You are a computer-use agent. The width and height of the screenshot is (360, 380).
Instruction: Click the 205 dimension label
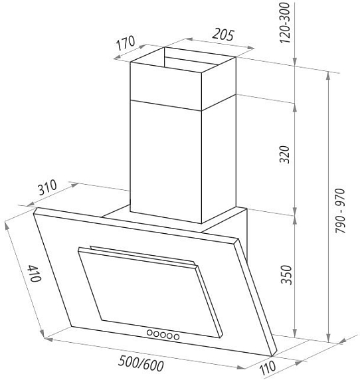point(223,35)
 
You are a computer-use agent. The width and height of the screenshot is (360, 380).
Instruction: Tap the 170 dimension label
point(126,43)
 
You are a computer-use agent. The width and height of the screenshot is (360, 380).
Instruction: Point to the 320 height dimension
point(284,155)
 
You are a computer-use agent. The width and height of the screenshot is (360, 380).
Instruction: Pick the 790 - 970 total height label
point(340,211)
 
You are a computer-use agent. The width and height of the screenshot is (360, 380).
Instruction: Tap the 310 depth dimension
point(48,187)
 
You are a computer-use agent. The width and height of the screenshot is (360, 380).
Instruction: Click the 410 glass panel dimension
point(34,273)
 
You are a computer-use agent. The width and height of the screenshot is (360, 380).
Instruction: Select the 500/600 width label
point(141,364)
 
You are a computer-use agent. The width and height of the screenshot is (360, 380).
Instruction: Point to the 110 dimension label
point(268,368)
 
